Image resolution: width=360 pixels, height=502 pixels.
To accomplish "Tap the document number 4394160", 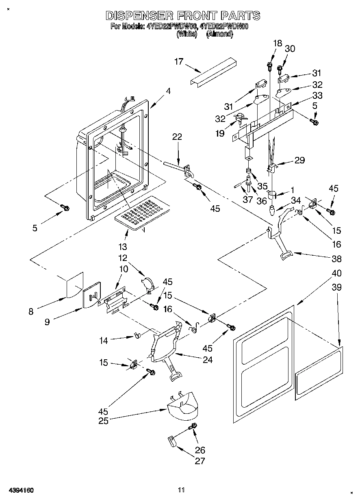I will click(19, 490).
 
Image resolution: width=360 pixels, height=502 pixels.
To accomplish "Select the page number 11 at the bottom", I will click(181, 490).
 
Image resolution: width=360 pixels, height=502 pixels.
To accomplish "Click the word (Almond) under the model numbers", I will click(219, 35).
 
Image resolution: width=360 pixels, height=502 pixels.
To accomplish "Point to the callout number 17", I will click(179, 62).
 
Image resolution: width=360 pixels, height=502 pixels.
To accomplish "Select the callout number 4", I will click(168, 91).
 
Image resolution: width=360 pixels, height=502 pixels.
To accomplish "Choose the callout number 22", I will click(177, 137).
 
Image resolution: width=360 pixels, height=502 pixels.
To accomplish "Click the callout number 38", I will click(336, 258).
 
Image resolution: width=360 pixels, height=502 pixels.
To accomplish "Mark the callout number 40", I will click(336, 273).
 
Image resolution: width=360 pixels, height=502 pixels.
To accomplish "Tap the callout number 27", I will click(200, 461).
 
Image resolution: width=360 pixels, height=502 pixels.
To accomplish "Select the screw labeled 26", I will click(193, 426).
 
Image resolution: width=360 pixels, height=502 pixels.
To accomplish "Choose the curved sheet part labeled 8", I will click(75, 287).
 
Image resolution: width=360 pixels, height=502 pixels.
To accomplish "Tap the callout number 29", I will click(299, 160).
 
